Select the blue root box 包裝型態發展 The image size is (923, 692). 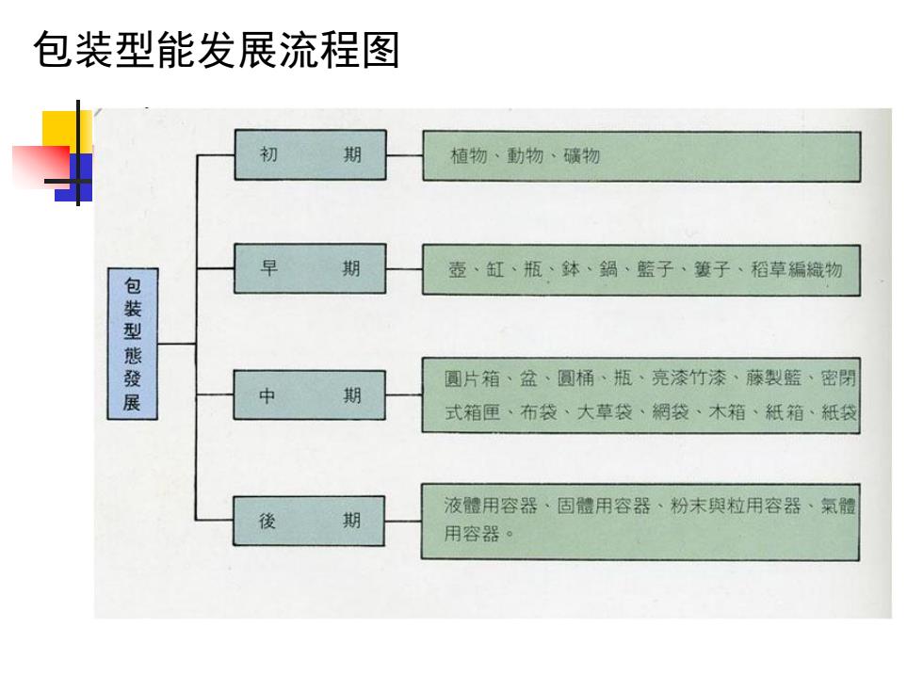(133, 344)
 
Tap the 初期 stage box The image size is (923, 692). (310, 154)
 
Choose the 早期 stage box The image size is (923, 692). (310, 268)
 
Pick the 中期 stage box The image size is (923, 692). (310, 394)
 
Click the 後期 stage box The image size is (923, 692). (309, 521)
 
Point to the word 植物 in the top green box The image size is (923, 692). (469, 156)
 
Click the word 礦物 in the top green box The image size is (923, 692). (582, 156)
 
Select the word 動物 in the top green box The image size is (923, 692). (526, 156)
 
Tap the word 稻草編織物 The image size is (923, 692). (797, 269)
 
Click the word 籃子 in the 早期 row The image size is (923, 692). (656, 269)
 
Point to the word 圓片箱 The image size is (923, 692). (472, 378)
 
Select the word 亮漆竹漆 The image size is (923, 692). (688, 378)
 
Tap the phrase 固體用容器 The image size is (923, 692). (604, 506)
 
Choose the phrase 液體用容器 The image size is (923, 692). (491, 506)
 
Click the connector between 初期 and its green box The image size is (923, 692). (404, 156)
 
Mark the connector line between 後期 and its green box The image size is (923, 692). (403, 522)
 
